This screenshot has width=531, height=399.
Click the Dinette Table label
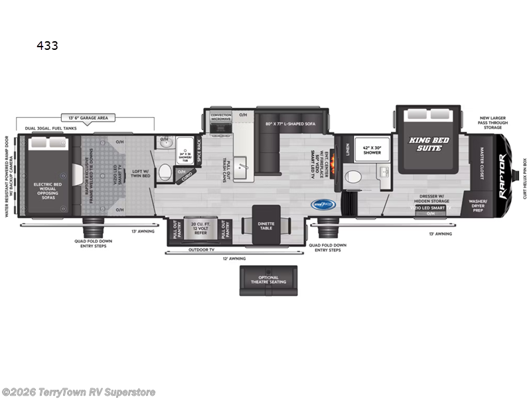tap(266, 225)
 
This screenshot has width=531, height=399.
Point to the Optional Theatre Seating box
tap(269, 280)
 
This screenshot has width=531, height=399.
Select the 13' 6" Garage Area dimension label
tap(88, 117)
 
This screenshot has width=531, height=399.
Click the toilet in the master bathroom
tap(353, 178)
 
